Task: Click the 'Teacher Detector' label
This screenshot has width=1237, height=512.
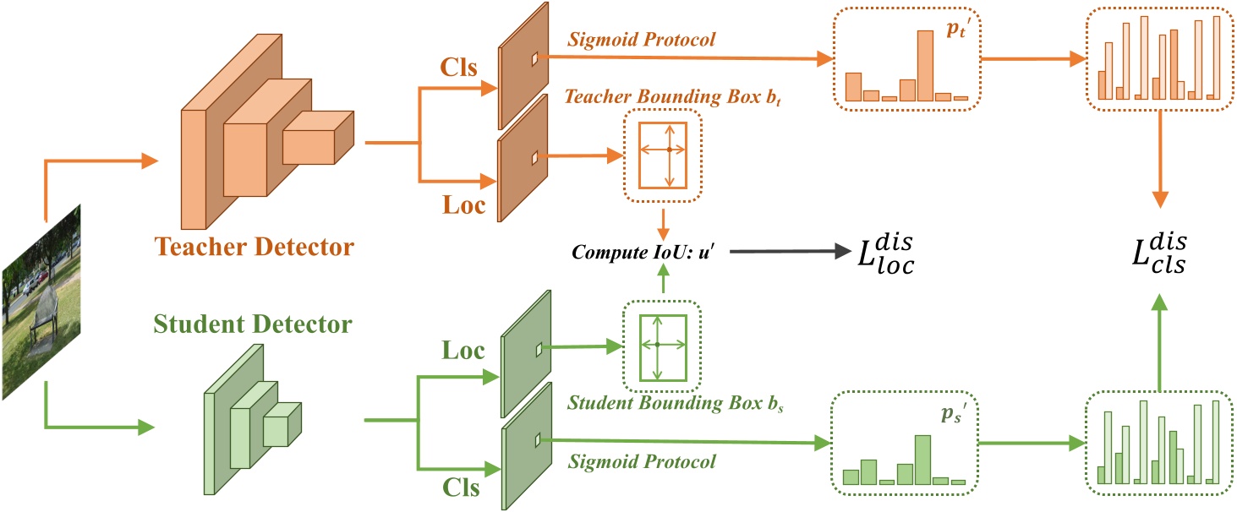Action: [x=254, y=247]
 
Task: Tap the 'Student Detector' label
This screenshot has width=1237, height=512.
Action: [x=253, y=324]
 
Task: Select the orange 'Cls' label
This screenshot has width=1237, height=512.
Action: [x=458, y=68]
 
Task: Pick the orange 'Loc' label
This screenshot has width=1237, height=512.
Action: [x=464, y=205]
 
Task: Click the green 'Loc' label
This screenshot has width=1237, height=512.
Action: [x=463, y=351]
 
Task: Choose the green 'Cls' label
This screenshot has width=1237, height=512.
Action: [x=461, y=487]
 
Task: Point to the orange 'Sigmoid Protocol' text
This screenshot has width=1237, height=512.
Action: [x=641, y=40]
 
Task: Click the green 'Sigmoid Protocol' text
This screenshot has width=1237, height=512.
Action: [x=642, y=462]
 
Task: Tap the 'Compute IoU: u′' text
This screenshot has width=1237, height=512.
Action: [x=643, y=252]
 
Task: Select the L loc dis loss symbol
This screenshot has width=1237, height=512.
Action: [x=886, y=253]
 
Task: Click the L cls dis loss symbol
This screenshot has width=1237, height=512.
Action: [x=1159, y=253]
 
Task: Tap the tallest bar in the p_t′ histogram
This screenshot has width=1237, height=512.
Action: [x=925, y=66]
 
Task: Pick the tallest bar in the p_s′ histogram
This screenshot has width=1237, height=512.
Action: [x=922, y=460]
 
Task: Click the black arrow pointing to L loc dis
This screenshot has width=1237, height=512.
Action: [x=791, y=252]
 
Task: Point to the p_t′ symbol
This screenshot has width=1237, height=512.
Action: [x=958, y=29]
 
